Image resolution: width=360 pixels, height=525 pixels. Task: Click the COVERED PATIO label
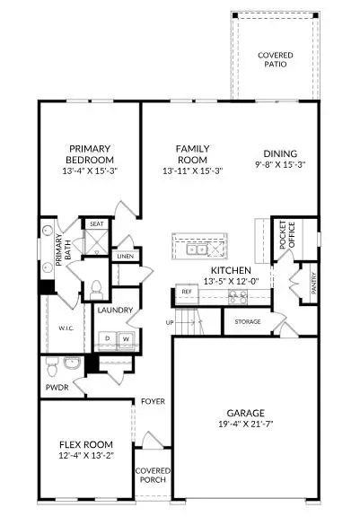(x=276, y=60)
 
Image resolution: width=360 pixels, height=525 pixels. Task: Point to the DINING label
(x=280, y=153)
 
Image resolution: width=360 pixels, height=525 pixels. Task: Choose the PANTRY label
(x=313, y=283)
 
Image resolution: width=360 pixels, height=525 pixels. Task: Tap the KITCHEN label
(x=230, y=270)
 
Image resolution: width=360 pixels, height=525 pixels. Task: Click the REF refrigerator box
(x=187, y=292)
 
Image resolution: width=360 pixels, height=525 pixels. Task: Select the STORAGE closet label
(x=248, y=320)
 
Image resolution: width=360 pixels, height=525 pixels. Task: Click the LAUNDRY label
(x=116, y=311)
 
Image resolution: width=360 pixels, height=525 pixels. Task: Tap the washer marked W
(x=127, y=337)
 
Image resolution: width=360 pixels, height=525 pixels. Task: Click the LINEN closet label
(x=125, y=257)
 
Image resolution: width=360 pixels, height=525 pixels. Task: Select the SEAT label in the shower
(x=94, y=224)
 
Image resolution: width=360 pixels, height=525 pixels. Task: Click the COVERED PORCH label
(x=151, y=476)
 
